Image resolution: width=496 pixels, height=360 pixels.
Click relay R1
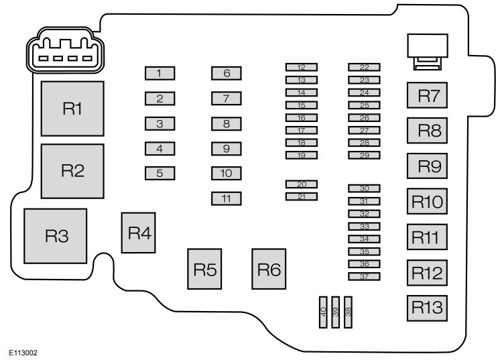click(x=72, y=109)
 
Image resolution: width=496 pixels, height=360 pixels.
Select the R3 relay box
click(x=56, y=235)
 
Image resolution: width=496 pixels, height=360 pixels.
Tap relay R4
click(x=139, y=233)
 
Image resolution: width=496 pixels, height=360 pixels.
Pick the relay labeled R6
click(x=269, y=269)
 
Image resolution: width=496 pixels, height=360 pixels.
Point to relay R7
click(x=428, y=96)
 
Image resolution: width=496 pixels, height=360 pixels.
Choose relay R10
click(x=428, y=201)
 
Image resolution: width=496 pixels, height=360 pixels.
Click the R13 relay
click(x=428, y=307)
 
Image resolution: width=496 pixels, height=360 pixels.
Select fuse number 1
click(x=160, y=73)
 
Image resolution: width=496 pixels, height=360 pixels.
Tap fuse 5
click(x=160, y=173)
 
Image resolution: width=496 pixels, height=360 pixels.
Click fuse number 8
click(x=227, y=123)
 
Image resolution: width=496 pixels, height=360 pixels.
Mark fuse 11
click(x=227, y=198)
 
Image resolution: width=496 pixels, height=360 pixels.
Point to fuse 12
click(x=301, y=67)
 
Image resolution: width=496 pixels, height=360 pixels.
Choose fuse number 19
click(x=301, y=155)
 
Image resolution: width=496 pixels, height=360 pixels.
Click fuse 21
click(x=301, y=196)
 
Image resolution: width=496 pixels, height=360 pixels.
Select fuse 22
click(x=364, y=67)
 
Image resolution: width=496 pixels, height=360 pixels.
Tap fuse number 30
click(x=364, y=189)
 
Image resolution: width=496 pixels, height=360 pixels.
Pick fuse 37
click(x=364, y=276)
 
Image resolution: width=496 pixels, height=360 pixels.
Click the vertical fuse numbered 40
click(x=323, y=312)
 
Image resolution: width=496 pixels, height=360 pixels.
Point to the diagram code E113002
click(x=23, y=351)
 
